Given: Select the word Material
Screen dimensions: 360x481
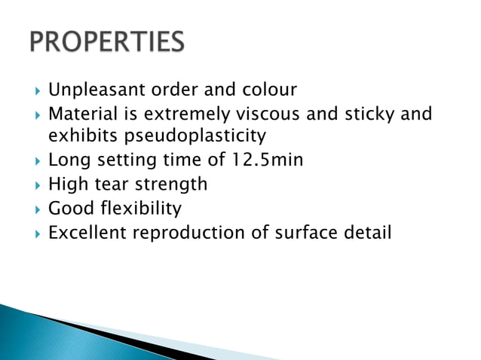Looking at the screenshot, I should click(x=81, y=114).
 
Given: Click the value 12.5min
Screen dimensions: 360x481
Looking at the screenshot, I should click(x=267, y=160).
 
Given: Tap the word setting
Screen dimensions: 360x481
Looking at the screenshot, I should click(x=116, y=160).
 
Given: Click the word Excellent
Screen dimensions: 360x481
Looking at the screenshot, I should click(x=87, y=233).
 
